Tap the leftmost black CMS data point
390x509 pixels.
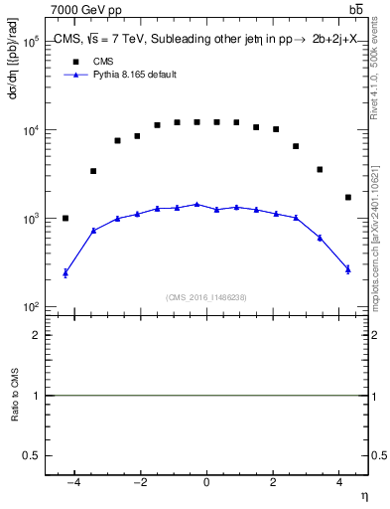(65, 218)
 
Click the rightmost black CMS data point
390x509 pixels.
(347, 197)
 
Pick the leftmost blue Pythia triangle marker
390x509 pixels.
(65, 272)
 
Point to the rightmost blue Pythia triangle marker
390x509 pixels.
(347, 268)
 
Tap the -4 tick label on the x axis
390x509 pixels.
(73, 483)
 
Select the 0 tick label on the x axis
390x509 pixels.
(206, 483)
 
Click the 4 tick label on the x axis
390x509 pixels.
(339, 483)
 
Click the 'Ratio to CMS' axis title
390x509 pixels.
(15, 396)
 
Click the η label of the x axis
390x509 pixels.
(364, 495)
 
